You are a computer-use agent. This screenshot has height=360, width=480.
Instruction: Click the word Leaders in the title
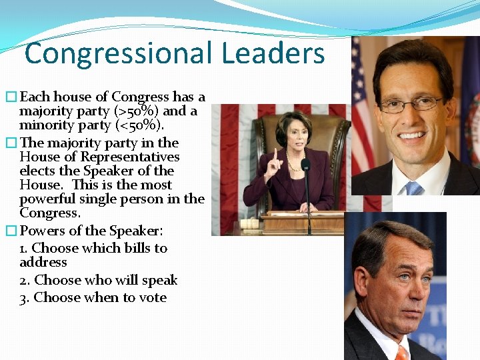tap(275, 53)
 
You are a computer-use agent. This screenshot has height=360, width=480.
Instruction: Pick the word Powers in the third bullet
tap(43, 231)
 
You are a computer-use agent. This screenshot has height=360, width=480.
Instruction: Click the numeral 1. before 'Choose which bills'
tap(25, 249)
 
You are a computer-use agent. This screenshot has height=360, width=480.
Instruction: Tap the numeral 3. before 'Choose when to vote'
tap(25, 298)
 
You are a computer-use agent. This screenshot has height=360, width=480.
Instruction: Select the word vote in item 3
tap(152, 298)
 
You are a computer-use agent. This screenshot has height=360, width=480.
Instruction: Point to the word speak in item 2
tap(160, 281)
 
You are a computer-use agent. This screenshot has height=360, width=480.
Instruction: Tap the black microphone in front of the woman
tap(306, 165)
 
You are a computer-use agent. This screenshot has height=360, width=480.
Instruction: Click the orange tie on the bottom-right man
tap(402, 352)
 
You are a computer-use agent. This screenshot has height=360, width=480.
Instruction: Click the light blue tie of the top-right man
tap(414, 188)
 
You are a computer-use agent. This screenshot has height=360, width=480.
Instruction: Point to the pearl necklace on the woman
tap(293, 164)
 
